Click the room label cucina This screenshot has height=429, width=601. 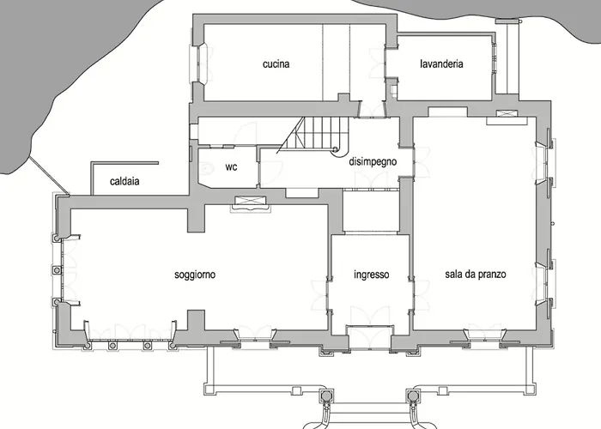tap(276, 64)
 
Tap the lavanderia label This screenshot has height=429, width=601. tap(441, 63)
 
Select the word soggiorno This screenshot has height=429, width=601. tap(195, 275)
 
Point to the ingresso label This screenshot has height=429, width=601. tap(372, 275)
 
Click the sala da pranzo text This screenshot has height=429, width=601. tap(476, 275)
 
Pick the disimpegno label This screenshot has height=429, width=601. tap(373, 161)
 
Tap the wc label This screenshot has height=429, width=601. tap(231, 167)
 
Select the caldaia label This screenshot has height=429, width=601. tap(124, 181)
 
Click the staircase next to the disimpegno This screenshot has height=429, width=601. tap(314, 136)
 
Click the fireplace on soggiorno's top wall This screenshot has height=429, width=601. tap(251, 202)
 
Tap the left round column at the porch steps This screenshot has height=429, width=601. tap(325, 395)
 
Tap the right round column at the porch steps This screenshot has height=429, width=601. tap(412, 395)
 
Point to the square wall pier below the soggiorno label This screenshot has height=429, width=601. tap(196, 319)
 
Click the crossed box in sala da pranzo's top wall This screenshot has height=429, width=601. tap(507, 113)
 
